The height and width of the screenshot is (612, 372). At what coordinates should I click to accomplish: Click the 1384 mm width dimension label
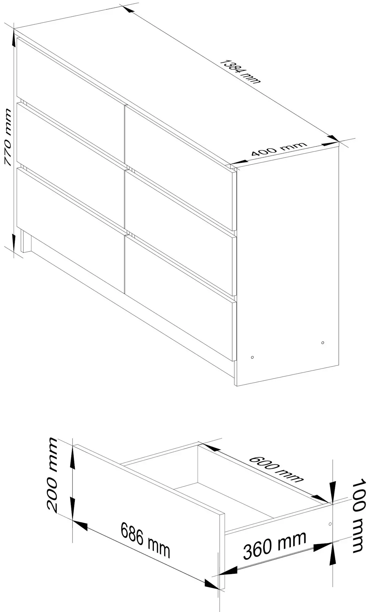point(241,71)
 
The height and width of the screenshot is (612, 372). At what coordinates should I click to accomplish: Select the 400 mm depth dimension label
point(278,149)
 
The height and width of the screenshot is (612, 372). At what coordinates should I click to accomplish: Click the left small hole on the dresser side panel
point(252,357)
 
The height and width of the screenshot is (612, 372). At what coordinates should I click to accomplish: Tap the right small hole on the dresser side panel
point(323,343)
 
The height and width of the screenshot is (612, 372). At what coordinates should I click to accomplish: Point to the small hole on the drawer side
point(330,524)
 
